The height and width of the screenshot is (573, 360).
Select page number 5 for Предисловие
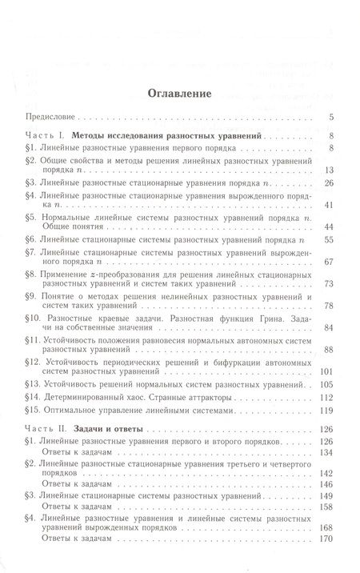tap(330, 118)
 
